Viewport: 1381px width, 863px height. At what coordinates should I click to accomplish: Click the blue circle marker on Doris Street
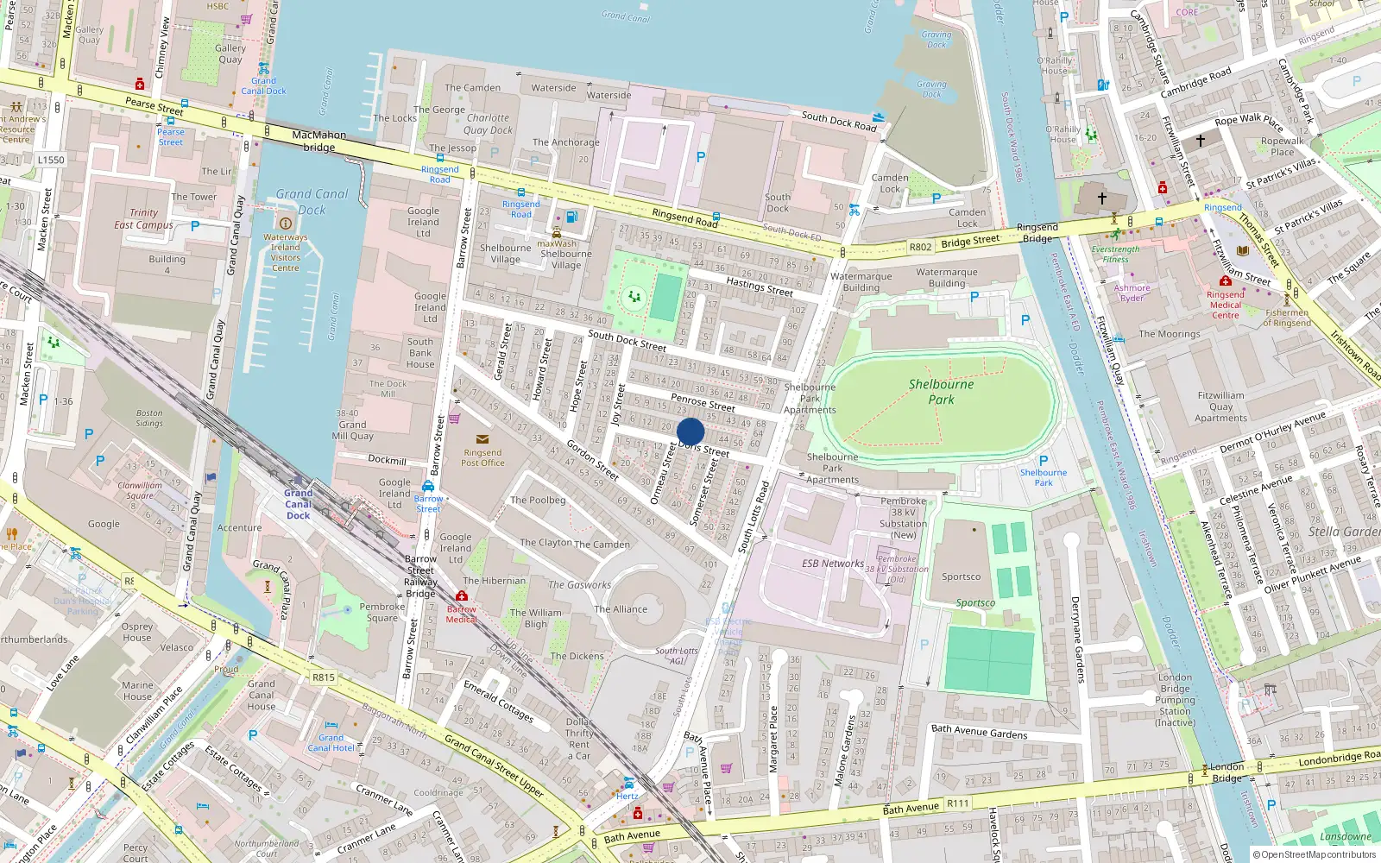pyautogui.click(x=690, y=431)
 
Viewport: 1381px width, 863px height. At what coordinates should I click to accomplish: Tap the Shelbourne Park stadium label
pyautogui.click(x=941, y=392)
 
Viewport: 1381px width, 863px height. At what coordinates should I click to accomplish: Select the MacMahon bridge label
pyautogui.click(x=318, y=141)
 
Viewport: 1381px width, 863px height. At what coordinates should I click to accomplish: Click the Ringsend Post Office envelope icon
pyautogui.click(x=482, y=439)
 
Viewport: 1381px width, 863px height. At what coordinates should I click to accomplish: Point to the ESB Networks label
pyautogui.click(x=832, y=564)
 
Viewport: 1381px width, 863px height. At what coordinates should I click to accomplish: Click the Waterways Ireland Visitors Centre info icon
pyautogui.click(x=286, y=224)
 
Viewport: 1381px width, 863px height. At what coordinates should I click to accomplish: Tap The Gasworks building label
pyautogui.click(x=579, y=584)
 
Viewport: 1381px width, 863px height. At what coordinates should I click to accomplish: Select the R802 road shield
pyautogui.click(x=920, y=247)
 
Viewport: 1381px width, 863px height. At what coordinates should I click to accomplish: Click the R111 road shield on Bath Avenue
pyautogui.click(x=958, y=803)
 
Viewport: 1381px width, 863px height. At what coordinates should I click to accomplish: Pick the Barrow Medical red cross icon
pyautogui.click(x=462, y=596)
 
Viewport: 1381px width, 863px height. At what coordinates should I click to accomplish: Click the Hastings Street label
pyautogui.click(x=759, y=287)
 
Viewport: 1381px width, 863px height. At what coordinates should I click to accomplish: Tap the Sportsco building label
pyautogui.click(x=961, y=576)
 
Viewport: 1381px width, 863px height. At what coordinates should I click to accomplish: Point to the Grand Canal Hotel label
pyautogui.click(x=331, y=742)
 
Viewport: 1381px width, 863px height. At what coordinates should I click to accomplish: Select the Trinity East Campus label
pyautogui.click(x=143, y=218)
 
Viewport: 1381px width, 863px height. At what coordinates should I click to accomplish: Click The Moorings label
pyautogui.click(x=1169, y=334)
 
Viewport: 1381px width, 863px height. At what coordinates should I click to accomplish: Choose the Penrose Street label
pyautogui.click(x=703, y=403)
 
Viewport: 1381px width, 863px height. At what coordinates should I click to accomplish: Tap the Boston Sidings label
pyautogui.click(x=148, y=418)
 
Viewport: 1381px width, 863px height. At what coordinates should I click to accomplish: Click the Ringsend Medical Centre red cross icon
pyautogui.click(x=1225, y=281)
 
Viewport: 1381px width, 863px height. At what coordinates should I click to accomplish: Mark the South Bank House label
pyautogui.click(x=420, y=353)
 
